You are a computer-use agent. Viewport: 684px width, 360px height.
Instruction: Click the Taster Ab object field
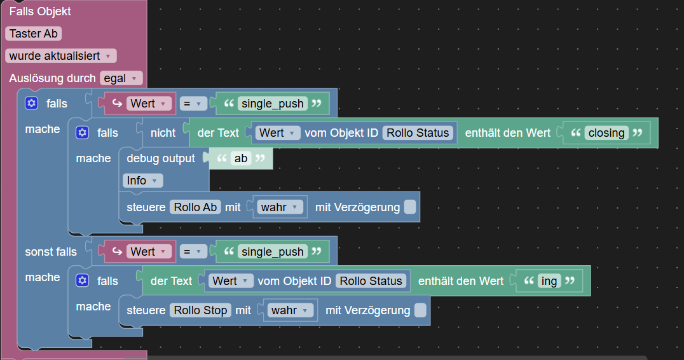(33, 34)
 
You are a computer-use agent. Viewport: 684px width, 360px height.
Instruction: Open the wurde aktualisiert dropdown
(61, 56)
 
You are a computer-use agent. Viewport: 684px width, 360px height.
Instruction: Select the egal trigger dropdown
(121, 78)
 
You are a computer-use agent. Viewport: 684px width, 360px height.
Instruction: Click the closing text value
(606, 133)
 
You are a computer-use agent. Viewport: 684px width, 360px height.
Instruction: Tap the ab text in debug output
(241, 158)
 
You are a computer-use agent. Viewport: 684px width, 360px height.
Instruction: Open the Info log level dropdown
(142, 181)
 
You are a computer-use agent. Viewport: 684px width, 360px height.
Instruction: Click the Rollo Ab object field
(195, 207)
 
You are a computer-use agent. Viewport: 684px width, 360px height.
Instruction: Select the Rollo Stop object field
(200, 310)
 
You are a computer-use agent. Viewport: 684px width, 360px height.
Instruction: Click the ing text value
(549, 281)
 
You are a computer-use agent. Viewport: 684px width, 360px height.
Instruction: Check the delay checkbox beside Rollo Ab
(410, 207)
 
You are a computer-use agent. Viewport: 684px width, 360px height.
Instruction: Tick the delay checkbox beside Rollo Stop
(420, 310)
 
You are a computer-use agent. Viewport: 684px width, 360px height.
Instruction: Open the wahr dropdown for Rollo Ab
(280, 207)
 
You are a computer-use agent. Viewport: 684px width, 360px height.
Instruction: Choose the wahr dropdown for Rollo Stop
(290, 310)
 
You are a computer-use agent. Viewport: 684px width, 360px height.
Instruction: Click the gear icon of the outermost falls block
(32, 104)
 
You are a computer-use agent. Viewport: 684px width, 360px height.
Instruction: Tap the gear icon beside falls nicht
(83, 133)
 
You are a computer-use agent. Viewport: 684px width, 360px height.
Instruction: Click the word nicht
(163, 133)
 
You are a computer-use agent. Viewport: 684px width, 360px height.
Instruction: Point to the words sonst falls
(51, 252)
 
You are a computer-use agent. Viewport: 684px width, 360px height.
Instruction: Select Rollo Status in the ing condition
(371, 281)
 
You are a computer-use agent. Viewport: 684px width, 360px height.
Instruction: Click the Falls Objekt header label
(40, 11)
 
